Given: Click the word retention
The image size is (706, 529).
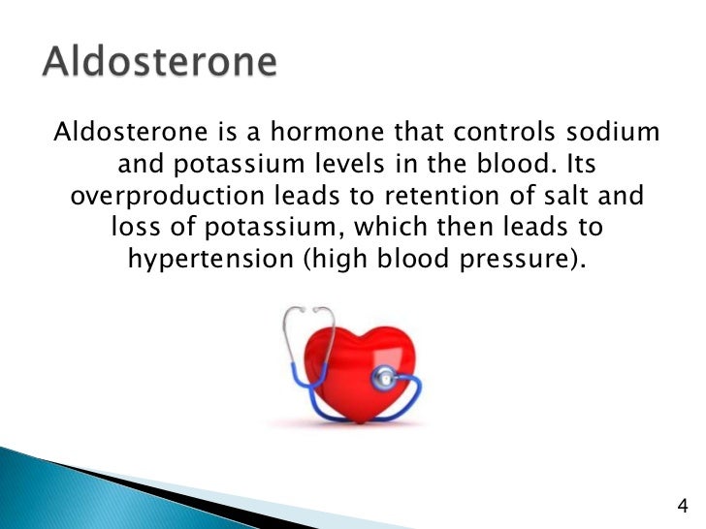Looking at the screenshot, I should tap(432, 196).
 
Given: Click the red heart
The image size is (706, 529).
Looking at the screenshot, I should tap(347, 363).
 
